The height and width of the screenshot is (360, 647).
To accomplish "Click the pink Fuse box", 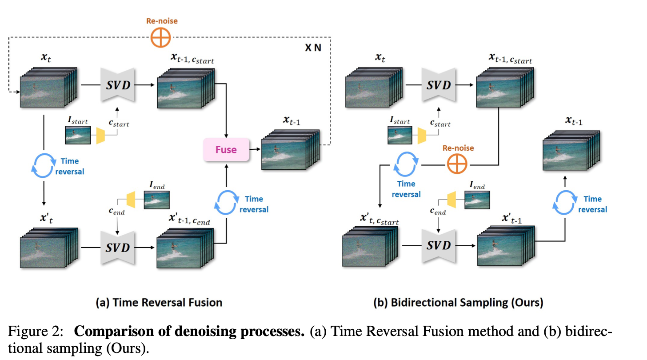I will (x=226, y=150).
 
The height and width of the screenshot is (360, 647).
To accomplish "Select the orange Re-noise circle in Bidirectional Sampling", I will (x=457, y=165).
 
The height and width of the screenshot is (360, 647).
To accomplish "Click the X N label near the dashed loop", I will (x=313, y=48).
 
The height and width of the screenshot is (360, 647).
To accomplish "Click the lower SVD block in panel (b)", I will (x=439, y=245).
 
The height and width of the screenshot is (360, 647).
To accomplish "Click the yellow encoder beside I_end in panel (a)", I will (x=131, y=200).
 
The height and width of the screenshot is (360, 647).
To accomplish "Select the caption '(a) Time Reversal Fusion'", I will (x=159, y=303).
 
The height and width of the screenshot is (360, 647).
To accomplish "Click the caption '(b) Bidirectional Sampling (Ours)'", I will (x=458, y=303).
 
